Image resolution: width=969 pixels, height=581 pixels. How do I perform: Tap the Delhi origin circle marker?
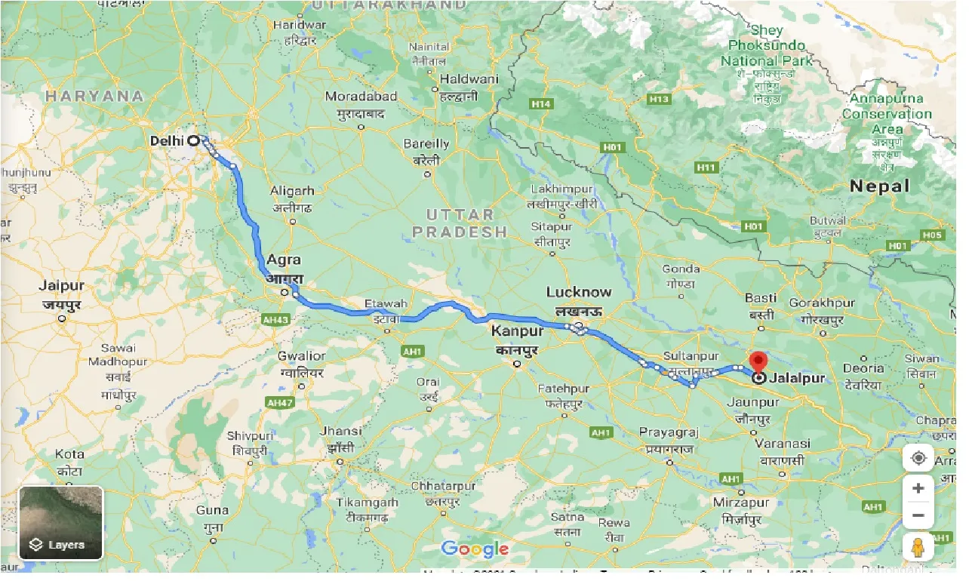pos(193,140)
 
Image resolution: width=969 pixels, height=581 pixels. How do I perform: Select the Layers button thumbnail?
pos(60,522)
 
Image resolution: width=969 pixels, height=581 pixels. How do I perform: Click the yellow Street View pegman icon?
pos(918,547)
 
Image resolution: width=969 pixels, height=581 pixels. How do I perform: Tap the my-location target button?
pos(918,458)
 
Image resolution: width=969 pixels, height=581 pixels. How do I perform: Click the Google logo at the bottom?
pos(475,549)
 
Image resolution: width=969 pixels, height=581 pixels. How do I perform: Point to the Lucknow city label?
pos(579,292)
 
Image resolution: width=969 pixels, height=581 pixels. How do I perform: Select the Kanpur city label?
pos(517,331)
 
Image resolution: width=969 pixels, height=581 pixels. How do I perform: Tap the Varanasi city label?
pos(785,444)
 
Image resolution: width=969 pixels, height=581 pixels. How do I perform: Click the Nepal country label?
pos(879,186)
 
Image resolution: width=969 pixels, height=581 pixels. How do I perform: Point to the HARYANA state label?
pos(94,96)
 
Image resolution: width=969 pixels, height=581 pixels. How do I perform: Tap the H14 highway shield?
pos(540,104)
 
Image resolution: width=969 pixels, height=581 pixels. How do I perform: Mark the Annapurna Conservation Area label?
pos(887,114)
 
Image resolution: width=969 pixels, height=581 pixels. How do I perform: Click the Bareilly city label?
pos(426,143)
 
